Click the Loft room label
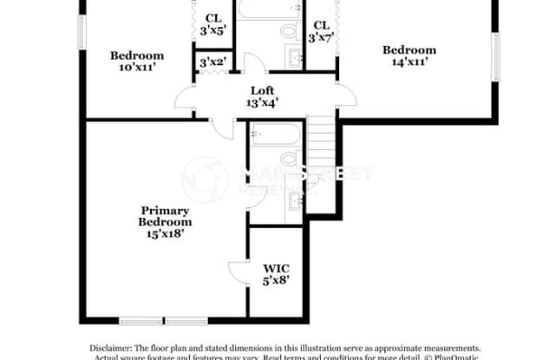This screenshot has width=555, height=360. [x=262, y=90]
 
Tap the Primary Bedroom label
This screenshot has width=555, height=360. [x=165, y=216]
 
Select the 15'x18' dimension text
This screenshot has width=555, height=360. [x=165, y=233]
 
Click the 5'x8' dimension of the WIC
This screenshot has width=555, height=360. [x=277, y=281]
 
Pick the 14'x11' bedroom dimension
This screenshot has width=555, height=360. [x=409, y=62]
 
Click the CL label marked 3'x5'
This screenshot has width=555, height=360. [x=212, y=18]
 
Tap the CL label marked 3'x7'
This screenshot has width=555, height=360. [x=322, y=24]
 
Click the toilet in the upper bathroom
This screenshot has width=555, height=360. [x=289, y=32]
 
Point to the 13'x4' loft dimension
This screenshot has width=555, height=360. [x=262, y=102]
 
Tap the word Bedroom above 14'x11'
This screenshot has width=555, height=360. [x=409, y=49]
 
